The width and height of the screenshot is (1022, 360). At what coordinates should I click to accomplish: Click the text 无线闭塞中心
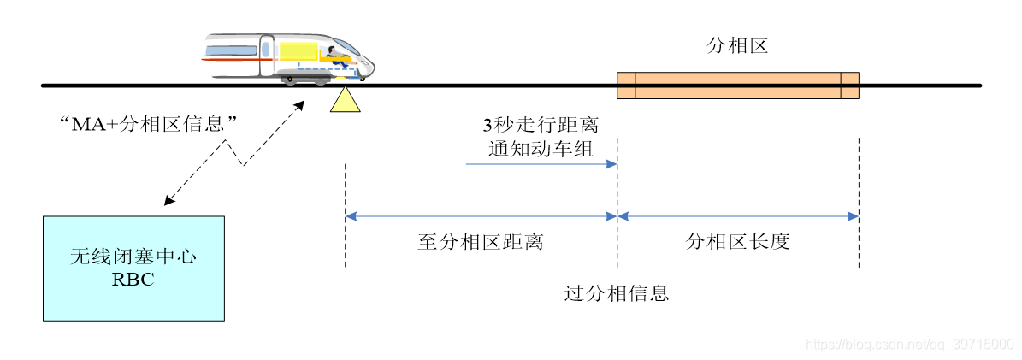133,257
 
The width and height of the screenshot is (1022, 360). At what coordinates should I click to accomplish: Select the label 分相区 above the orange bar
737,46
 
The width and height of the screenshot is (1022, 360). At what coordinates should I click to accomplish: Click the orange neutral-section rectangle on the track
737,86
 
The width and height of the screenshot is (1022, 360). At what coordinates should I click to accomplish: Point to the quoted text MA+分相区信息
146,124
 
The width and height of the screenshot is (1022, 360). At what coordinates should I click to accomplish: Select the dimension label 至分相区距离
480,242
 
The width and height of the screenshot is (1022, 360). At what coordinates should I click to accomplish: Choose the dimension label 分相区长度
737,242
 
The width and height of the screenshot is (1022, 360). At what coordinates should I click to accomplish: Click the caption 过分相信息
616,294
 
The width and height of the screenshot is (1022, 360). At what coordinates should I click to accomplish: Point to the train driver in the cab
334,56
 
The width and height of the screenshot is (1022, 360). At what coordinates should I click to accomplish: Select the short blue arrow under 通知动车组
541,163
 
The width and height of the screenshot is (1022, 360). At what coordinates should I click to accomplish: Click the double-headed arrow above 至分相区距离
481,217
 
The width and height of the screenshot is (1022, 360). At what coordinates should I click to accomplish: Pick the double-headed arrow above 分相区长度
737,217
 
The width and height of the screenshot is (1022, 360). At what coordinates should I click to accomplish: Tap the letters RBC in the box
133,278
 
